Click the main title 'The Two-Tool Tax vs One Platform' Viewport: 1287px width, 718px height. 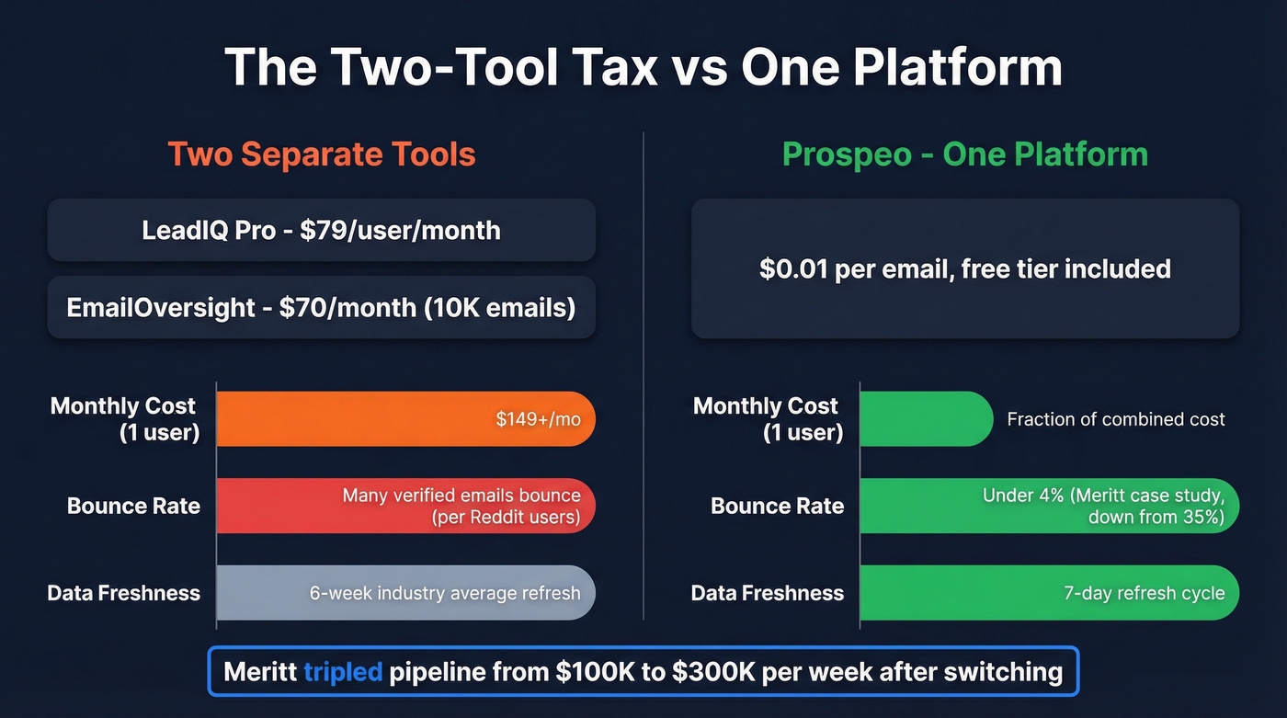click(643, 66)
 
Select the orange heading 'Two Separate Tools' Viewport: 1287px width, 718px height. click(321, 154)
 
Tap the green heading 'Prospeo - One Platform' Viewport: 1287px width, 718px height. click(964, 154)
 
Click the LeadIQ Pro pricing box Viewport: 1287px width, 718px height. click(321, 230)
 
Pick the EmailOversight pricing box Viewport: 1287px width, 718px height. click(321, 307)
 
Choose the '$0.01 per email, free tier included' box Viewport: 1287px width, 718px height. click(964, 268)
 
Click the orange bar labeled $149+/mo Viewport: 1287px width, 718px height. click(404, 419)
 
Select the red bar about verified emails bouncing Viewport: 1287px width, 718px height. click(404, 506)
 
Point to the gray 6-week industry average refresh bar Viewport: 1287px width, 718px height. click(404, 593)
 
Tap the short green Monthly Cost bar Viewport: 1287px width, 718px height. click(924, 419)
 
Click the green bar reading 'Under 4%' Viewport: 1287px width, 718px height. click(1048, 506)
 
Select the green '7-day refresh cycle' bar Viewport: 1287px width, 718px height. click(1048, 593)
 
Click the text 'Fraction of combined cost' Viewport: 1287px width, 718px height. click(1115, 419)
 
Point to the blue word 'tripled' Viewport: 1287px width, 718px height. click(342, 672)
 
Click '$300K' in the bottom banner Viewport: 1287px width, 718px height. click(712, 672)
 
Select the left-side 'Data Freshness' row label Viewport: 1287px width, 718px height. click(123, 593)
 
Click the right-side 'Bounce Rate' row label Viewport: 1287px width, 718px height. click(777, 506)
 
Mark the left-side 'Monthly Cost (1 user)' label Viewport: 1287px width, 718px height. click(123, 419)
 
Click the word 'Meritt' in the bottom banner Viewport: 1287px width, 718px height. click(259, 672)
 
